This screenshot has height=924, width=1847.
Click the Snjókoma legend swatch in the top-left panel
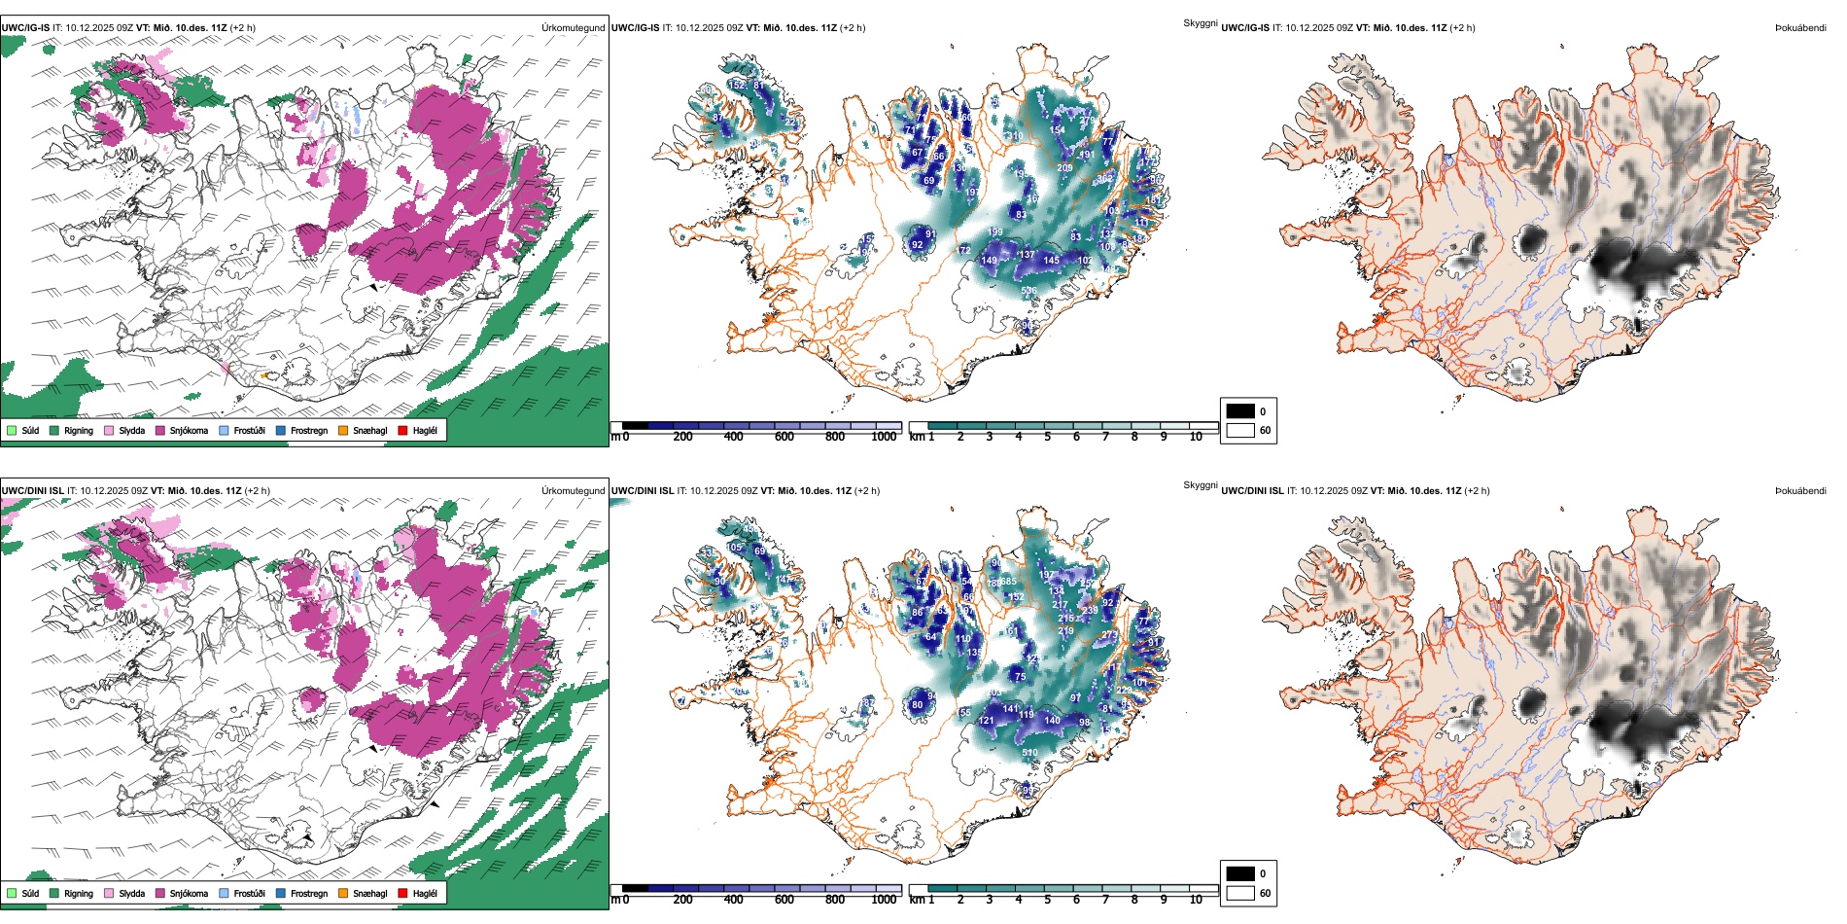point(160,430)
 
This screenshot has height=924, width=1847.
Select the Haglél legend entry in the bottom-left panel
point(425,893)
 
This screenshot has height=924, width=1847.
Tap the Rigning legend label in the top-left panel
point(79,430)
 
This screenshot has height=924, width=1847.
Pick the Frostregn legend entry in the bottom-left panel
point(309,893)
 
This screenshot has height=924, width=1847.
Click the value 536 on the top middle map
point(1029,291)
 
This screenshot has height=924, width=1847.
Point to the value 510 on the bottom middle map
point(1029,753)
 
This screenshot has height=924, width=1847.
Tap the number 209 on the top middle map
point(1064,168)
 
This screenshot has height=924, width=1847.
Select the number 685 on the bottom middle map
point(1008,582)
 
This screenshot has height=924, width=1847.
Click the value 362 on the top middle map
point(1105,180)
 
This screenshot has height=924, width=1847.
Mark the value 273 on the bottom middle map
point(1109,635)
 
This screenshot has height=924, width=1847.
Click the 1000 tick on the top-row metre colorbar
point(884,437)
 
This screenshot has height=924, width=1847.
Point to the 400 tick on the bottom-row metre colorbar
point(733,900)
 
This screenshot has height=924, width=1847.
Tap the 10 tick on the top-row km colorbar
point(1196,437)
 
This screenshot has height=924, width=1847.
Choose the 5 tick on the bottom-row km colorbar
point(1047,900)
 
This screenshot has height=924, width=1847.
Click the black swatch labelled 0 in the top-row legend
point(1240,410)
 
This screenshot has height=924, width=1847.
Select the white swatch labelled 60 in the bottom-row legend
point(1240,892)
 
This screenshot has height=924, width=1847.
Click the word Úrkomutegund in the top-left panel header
point(573,28)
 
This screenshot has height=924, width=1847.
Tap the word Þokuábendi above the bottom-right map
point(1800,491)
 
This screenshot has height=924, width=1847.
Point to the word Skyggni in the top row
point(1200,22)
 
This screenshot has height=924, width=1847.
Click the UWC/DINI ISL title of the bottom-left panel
point(32,491)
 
